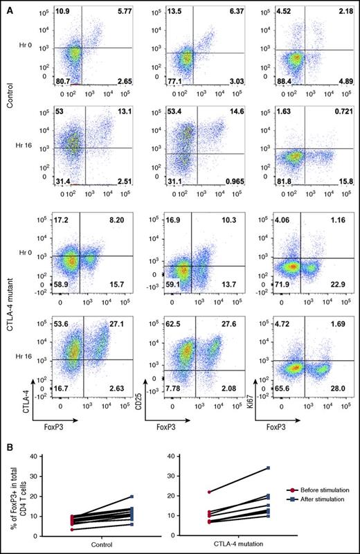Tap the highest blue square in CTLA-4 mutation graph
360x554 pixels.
tap(268, 469)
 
